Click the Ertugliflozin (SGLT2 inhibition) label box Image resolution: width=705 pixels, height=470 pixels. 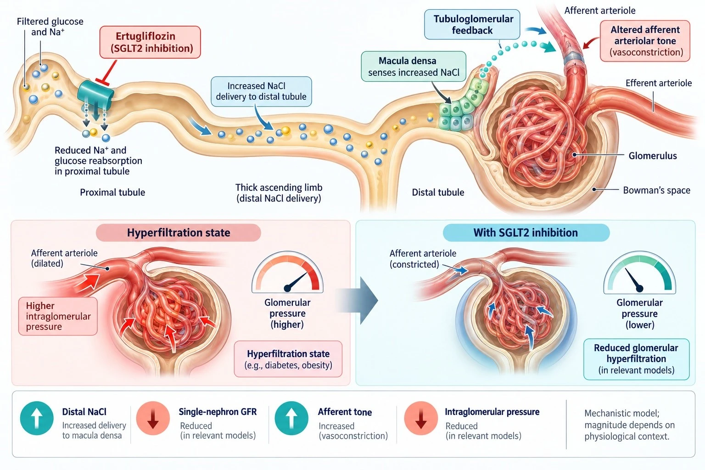pyautogui.click(x=150, y=42)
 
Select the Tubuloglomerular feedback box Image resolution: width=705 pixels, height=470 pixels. pyautogui.click(x=472, y=24)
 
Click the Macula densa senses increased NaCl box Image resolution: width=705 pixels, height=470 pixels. pyautogui.click(x=414, y=67)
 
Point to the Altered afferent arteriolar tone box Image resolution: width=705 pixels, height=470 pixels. pyautogui.click(x=645, y=41)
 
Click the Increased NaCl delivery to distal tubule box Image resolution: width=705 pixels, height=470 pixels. pyautogui.click(x=261, y=91)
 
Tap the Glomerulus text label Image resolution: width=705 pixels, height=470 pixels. pyautogui.click(x=653, y=156)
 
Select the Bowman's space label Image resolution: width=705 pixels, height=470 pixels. pyautogui.click(x=656, y=190)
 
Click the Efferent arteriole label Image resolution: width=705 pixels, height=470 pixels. pyautogui.click(x=659, y=83)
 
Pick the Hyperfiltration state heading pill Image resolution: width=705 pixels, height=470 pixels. pyautogui.click(x=179, y=233)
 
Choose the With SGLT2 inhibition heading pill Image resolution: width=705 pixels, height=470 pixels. pyautogui.click(x=526, y=233)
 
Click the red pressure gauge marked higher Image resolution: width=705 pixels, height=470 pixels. pyautogui.click(x=287, y=272)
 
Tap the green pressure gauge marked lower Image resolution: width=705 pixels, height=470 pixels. pyautogui.click(x=639, y=272)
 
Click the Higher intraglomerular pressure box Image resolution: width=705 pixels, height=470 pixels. pyautogui.click(x=58, y=316)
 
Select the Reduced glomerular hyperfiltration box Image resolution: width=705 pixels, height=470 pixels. pyautogui.click(x=637, y=359)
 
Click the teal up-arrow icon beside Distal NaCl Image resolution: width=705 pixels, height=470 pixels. pyautogui.click(x=37, y=418)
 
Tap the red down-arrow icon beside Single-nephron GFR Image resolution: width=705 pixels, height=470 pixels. pyautogui.click(x=153, y=418)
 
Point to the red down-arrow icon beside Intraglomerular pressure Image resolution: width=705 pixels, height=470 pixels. pyautogui.click(x=421, y=418)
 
